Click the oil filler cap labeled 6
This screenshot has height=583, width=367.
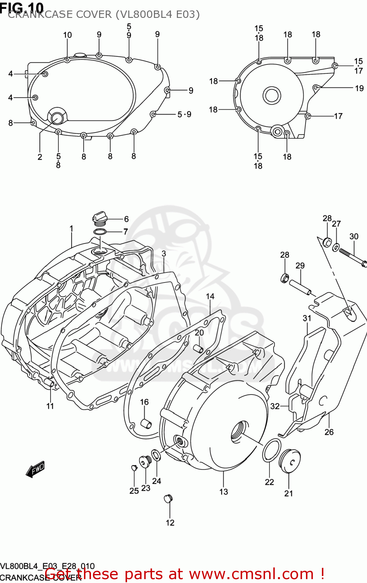(x=99, y=218)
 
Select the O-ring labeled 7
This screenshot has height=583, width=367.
(x=100, y=232)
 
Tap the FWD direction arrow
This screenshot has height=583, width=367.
(x=35, y=469)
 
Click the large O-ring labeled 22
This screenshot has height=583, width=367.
(x=272, y=450)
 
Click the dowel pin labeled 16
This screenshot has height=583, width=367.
(x=146, y=423)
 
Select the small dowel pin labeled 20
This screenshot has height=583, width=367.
(x=198, y=348)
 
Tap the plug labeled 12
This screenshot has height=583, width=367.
(x=168, y=498)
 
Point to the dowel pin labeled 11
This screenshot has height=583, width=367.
(x=49, y=383)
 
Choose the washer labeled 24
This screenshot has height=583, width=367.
(x=156, y=455)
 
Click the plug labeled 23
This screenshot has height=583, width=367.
(x=145, y=462)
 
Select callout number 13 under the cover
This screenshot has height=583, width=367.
(x=224, y=492)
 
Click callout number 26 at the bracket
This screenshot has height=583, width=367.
(x=329, y=432)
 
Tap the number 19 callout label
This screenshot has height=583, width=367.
(x=359, y=88)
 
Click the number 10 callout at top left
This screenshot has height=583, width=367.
(x=68, y=35)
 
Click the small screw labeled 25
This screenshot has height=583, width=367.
(x=133, y=468)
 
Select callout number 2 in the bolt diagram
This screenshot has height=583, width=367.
(x=40, y=157)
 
